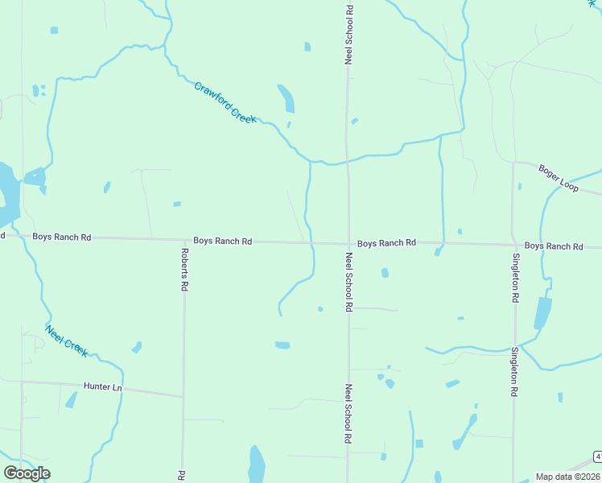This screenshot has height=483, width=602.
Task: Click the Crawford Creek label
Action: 225,102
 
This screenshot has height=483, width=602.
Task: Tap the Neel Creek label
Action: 67,341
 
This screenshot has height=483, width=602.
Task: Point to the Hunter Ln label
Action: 101,387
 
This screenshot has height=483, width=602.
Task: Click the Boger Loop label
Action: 559,177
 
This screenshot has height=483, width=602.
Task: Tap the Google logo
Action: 27,473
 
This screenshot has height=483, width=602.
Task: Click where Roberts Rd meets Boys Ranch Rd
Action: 183,241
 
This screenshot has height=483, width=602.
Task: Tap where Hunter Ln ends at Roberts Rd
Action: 183,396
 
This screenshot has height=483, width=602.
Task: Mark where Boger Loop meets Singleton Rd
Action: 513,162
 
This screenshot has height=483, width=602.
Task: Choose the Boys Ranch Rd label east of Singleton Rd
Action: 553,246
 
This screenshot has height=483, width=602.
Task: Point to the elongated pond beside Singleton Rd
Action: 542,313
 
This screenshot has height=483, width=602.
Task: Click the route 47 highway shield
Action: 599,456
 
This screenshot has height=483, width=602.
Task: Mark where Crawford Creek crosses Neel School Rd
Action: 347,160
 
